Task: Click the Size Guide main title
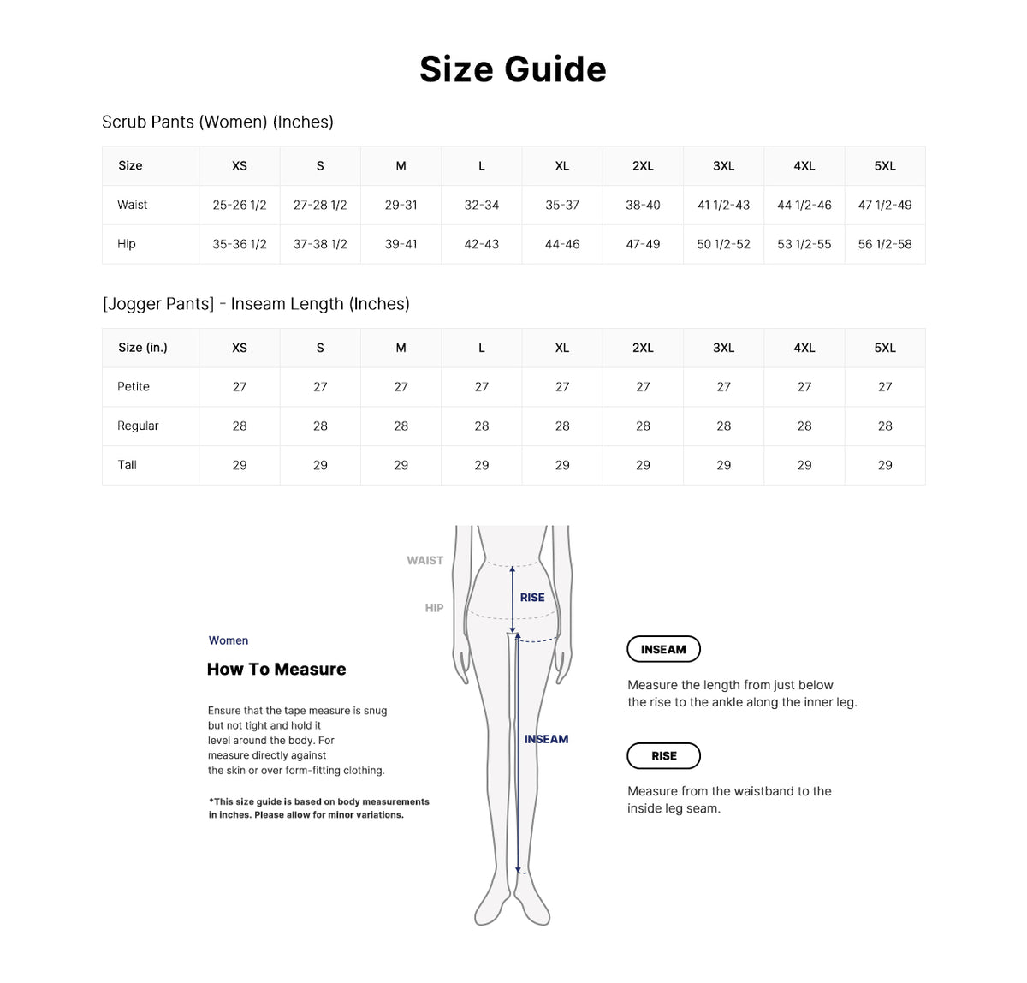[513, 69]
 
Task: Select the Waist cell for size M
[401, 206]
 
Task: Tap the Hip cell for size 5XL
[885, 245]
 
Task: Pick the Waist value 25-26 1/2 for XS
[240, 206]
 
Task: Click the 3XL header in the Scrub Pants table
[723, 166]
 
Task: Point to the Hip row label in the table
[127, 245]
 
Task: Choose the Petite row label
[134, 387]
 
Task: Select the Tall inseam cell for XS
[240, 466]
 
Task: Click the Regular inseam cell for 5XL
[885, 426]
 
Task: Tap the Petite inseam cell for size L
[482, 387]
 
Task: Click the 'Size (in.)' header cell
[143, 348]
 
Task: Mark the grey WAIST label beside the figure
[424, 561]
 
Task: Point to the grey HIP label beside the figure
[434, 608]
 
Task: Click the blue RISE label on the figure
[532, 598]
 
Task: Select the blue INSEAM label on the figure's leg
[546, 740]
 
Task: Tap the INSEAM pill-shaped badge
[663, 650]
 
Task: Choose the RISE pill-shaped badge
[663, 756]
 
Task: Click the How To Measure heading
[276, 670]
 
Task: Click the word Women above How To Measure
[229, 640]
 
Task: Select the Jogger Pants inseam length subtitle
[256, 304]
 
